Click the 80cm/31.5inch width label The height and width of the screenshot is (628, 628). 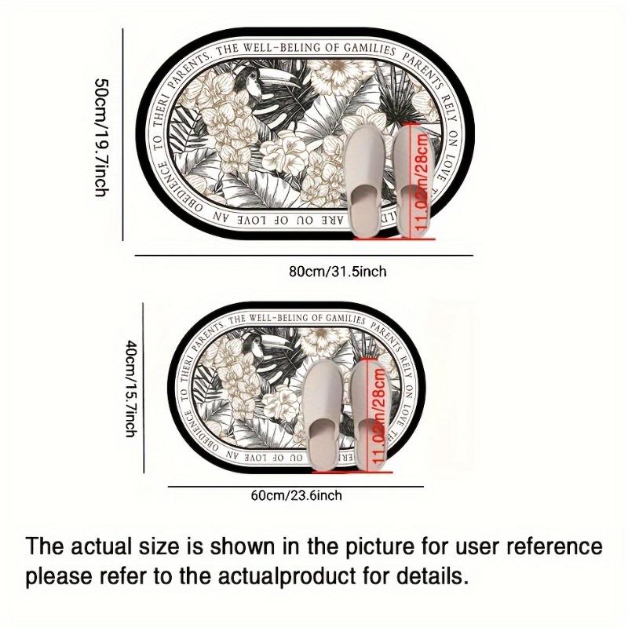(x=338, y=272)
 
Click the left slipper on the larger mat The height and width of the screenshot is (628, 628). (x=363, y=179)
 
